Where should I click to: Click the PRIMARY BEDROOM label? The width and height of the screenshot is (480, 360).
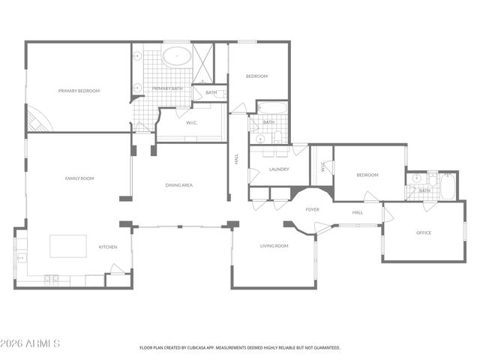[x=79, y=91]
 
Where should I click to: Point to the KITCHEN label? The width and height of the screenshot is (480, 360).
[x=108, y=247]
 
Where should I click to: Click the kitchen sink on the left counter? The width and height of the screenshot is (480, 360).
[x=20, y=257]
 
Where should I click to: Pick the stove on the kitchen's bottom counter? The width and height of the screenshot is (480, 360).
[x=51, y=279]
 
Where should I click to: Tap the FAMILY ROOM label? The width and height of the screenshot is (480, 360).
[x=79, y=178]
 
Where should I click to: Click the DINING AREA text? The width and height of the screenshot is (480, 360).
[x=179, y=184]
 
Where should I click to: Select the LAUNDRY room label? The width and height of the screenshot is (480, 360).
[x=279, y=169]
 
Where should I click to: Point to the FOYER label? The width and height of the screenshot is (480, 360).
[x=312, y=209]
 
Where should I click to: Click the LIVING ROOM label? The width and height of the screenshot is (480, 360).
[x=274, y=246]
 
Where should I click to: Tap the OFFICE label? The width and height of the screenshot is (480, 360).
[x=424, y=232]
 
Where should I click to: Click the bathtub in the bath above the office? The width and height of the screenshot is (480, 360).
[x=448, y=186]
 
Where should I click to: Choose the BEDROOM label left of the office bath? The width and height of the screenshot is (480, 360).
[x=367, y=175]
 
